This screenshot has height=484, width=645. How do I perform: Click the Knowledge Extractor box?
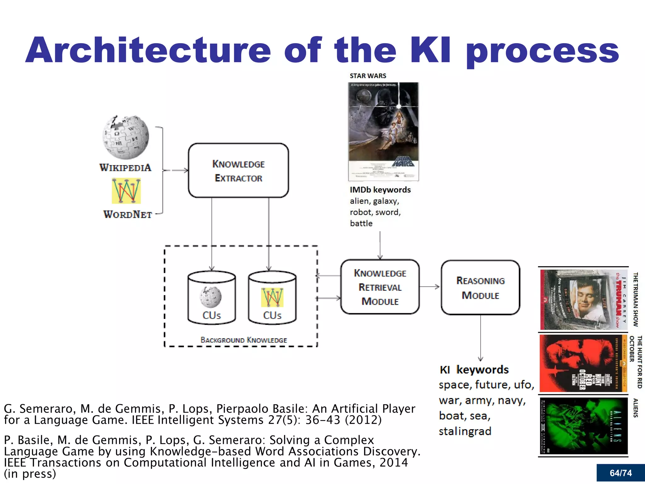coord(238,170)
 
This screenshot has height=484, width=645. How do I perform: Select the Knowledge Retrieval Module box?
coord(380,287)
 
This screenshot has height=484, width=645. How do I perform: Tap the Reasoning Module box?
coord(480,287)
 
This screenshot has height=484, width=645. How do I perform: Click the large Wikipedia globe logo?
coord(126,137)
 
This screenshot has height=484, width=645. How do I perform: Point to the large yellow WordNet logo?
coord(126,191)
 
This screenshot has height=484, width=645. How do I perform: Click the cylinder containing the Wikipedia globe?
coord(212,298)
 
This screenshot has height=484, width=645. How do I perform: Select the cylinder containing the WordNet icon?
coord(272,298)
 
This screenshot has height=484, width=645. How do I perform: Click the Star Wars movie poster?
coord(384,131)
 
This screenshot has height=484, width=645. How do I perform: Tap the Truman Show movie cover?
coord(583,299)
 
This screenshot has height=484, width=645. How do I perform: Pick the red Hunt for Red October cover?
coord(583,363)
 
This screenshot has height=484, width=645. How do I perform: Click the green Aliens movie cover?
coord(583,425)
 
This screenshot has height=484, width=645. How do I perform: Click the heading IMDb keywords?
coord(380,190)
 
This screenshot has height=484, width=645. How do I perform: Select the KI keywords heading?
coord(474,370)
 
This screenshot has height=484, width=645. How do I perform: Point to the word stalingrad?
coord(465,431)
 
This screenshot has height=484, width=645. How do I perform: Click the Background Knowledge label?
coord(244,340)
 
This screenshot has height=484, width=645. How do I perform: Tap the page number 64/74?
coord(620,473)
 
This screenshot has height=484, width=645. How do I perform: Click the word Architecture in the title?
coord(148,50)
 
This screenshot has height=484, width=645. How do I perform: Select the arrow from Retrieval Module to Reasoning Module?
coord(430,287)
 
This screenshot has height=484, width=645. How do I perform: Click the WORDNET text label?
coord(128,215)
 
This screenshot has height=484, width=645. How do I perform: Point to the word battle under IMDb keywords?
coord(361,223)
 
